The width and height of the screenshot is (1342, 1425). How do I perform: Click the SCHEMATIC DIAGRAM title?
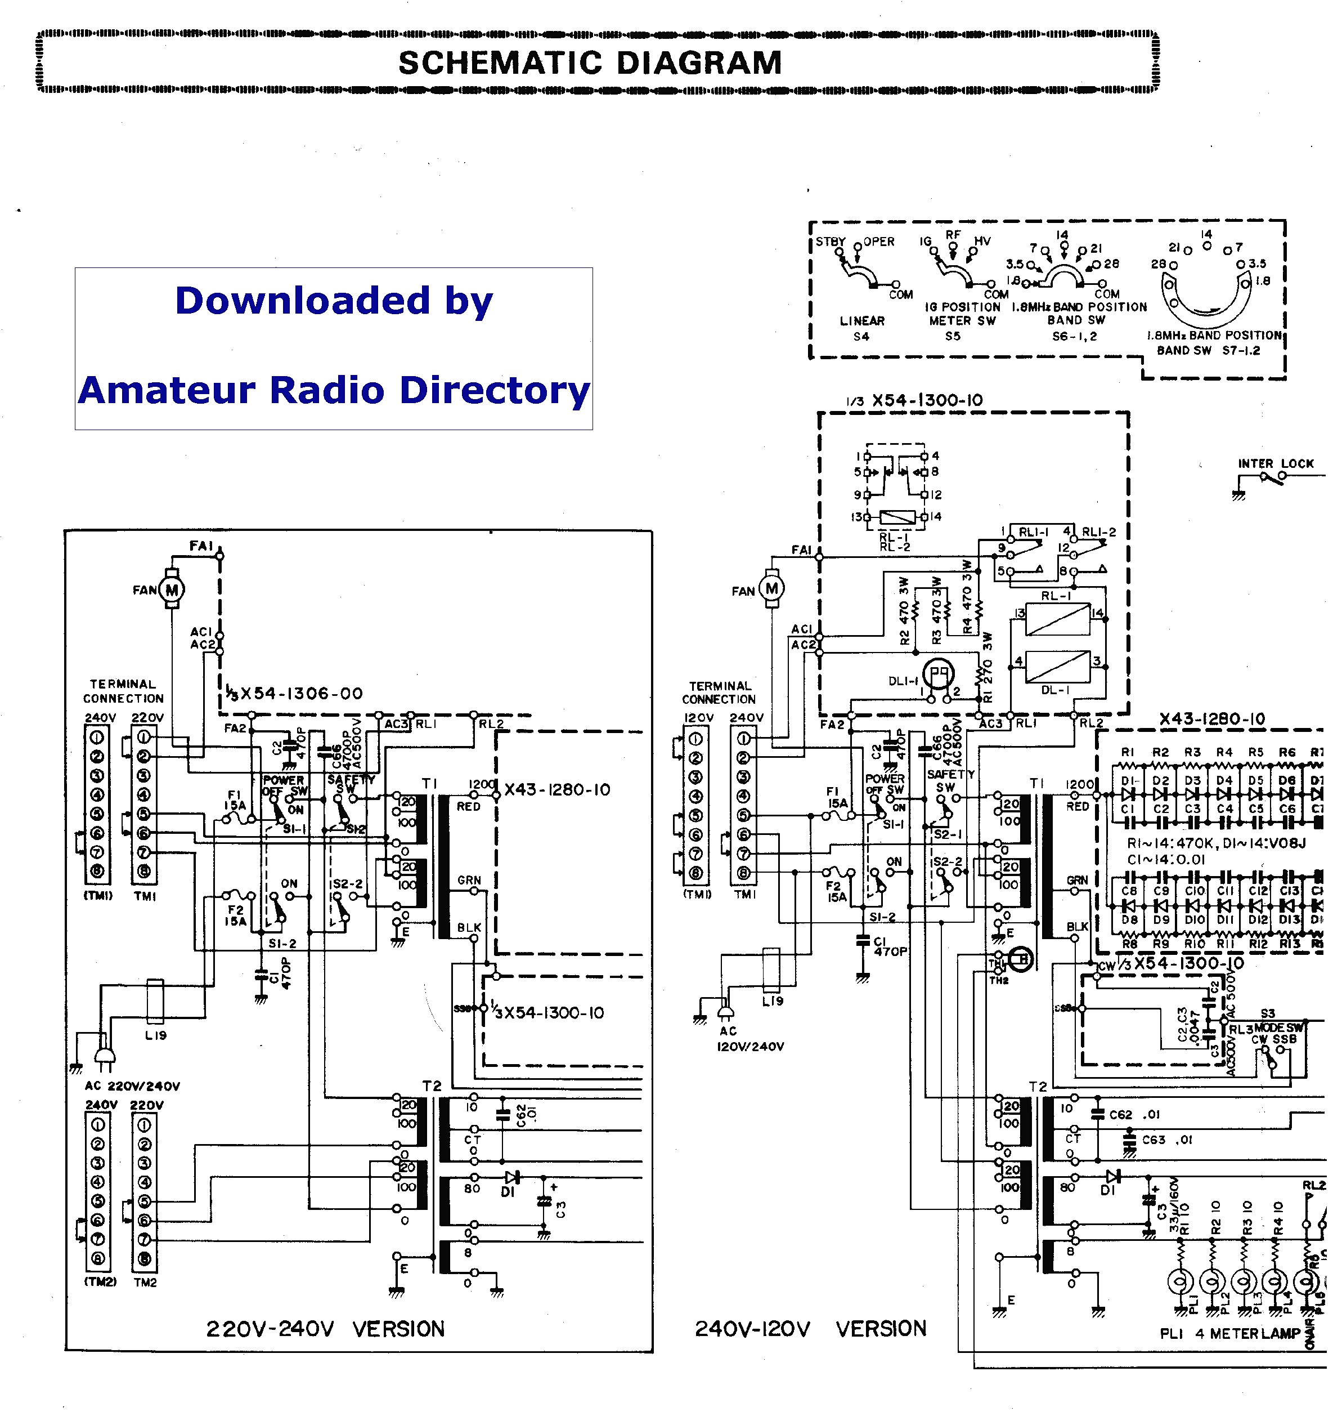[x=590, y=63]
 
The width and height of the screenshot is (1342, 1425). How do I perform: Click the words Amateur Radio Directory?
[x=334, y=391]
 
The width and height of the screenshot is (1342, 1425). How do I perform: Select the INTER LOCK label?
[x=1276, y=464]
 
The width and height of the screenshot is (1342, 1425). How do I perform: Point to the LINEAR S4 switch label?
[x=862, y=328]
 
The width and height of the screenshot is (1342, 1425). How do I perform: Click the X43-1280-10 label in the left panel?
[x=558, y=790]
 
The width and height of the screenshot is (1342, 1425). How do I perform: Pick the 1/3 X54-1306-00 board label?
[x=294, y=693]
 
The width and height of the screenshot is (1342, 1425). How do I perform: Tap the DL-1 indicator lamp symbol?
[x=937, y=674]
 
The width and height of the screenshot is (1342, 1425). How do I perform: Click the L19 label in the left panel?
[x=155, y=1035]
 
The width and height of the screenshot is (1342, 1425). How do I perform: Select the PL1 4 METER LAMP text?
[x=1229, y=1333]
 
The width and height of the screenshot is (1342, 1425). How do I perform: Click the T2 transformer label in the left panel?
[x=432, y=1086]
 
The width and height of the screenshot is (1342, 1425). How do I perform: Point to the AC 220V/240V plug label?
[x=133, y=1086]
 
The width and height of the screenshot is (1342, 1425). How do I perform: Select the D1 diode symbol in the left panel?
[x=511, y=1178]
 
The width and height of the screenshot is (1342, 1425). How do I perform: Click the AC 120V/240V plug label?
[x=750, y=1039]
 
